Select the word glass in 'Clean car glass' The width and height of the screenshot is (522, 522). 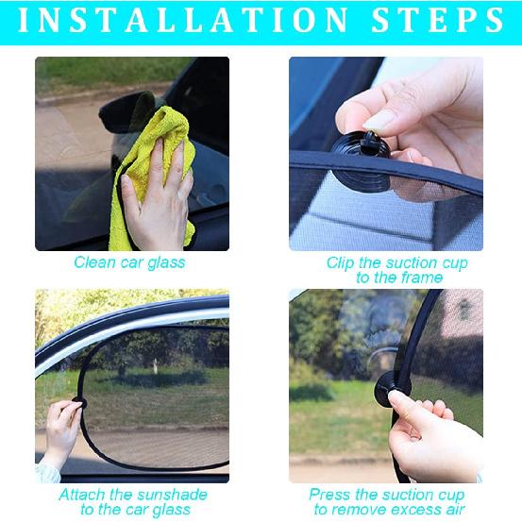click(165, 262)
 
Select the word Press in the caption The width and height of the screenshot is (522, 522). click(331, 495)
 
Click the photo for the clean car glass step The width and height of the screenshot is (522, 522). click(132, 153)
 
